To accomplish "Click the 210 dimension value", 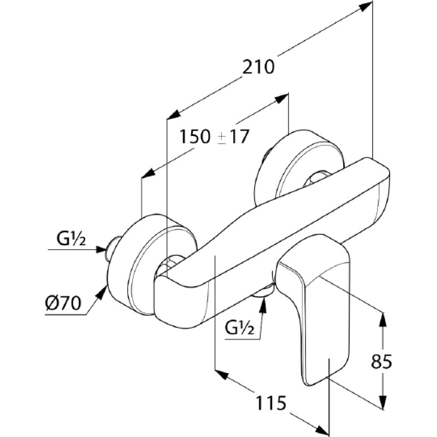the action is (x=258, y=67).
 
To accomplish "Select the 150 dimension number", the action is (x=194, y=137).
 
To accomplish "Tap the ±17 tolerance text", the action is (x=233, y=137).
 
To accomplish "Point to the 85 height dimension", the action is (x=381, y=362).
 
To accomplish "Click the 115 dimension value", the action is (x=271, y=403).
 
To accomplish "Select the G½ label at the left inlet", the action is (x=71, y=239).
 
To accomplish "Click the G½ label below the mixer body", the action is (x=240, y=328).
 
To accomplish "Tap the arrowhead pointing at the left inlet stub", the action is (x=101, y=250).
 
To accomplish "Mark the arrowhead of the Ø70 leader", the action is (x=102, y=291).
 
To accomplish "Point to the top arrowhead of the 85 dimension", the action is (x=383, y=320).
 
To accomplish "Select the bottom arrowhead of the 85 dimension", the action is (x=383, y=403).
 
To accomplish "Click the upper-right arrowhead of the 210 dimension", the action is (x=365, y=7).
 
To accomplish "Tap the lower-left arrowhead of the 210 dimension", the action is (x=173, y=115).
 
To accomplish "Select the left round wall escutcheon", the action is (x=147, y=265).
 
